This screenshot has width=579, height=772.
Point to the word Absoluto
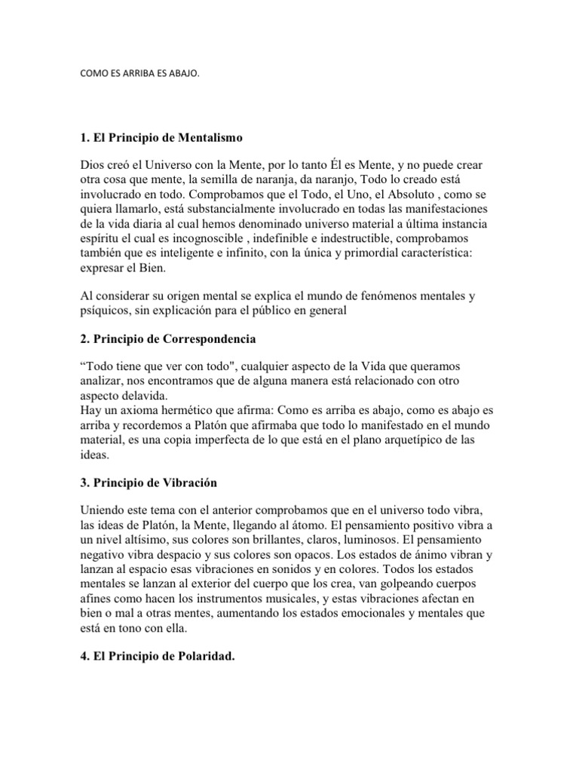point(415,193)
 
